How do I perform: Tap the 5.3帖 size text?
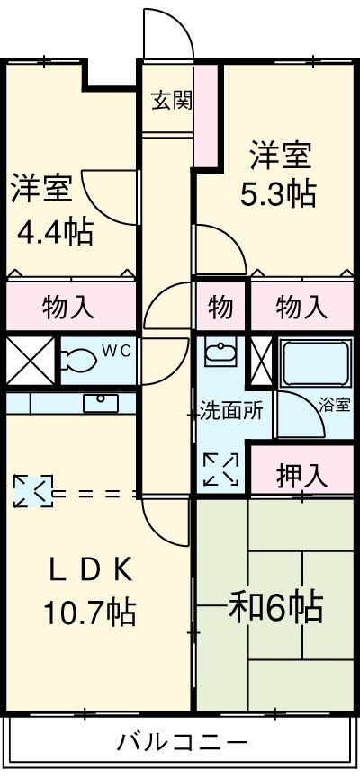[278, 195]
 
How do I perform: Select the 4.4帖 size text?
[55, 231]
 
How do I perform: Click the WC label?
[116, 351]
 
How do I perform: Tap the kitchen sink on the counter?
[101, 403]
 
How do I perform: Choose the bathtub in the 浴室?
[315, 363]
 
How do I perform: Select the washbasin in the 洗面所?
[220, 353]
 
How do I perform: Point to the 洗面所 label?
[230, 412]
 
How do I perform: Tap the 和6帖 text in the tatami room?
[275, 605]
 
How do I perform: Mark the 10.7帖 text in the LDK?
[90, 613]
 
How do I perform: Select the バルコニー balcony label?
[182, 743]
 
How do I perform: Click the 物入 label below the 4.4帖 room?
[68, 308]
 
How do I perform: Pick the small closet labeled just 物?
[220, 308]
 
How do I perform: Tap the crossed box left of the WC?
[31, 361]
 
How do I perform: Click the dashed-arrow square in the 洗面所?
[221, 469]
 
